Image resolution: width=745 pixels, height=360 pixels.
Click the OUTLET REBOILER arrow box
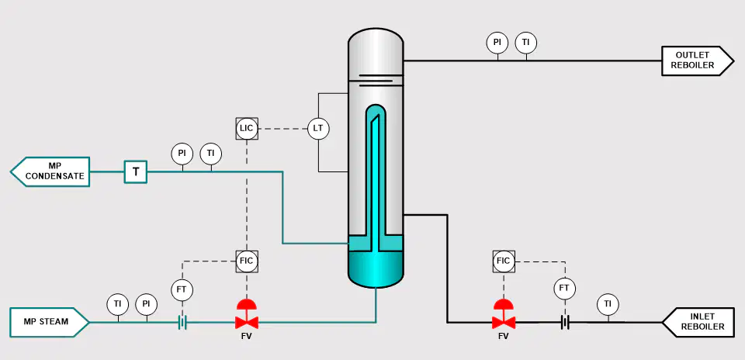[698, 61]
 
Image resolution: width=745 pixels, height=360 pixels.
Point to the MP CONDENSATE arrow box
[50, 171]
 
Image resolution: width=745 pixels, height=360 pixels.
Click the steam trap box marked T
[136, 171]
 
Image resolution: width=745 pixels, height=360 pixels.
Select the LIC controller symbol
[247, 128]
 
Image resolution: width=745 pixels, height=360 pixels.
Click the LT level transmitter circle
[318, 128]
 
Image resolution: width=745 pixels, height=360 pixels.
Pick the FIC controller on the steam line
[247, 261]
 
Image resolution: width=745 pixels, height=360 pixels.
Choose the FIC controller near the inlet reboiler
[503, 261]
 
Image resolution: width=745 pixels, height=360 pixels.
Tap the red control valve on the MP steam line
[247, 314]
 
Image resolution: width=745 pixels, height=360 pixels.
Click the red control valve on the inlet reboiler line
[503, 314]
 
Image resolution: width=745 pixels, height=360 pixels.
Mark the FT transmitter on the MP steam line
[182, 290]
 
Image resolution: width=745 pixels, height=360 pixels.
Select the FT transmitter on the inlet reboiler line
[564, 289]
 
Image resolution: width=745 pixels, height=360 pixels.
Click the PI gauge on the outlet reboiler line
[497, 42]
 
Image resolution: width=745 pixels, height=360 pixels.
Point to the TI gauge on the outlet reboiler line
[526, 42]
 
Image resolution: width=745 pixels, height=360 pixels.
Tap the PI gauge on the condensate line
[182, 154]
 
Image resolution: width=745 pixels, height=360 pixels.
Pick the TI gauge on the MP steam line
[118, 304]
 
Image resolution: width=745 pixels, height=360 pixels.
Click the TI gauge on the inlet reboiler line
[608, 304]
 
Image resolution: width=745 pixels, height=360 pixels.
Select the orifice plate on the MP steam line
[182, 323]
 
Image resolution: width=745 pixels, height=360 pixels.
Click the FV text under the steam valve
[247, 337]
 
